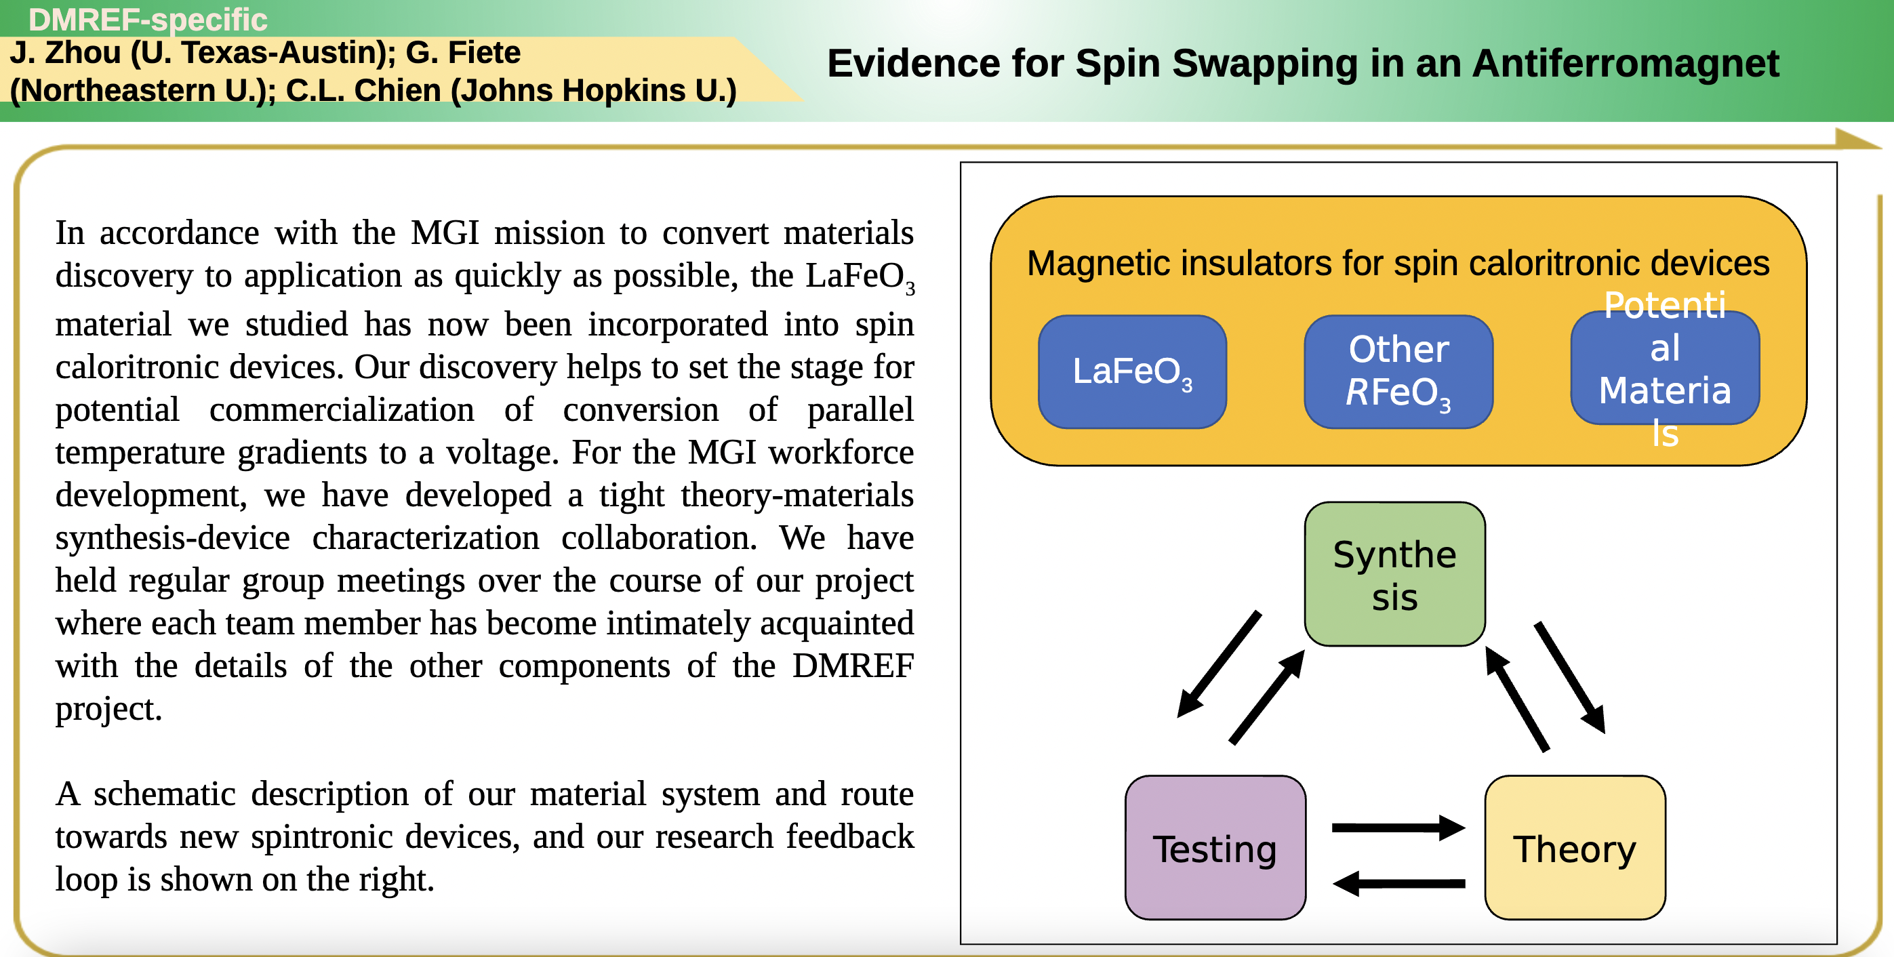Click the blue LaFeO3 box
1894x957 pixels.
[1132, 372]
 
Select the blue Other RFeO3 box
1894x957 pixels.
[1398, 372]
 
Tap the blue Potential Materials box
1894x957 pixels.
[1665, 368]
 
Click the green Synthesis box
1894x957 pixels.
[1395, 574]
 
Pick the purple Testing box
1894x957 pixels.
[1215, 847]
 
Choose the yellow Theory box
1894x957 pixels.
[1575, 847]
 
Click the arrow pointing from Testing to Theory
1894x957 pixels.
[1398, 828]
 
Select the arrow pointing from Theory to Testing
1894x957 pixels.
[1398, 882]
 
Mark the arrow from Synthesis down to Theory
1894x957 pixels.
[1570, 678]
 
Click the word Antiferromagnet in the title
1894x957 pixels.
[1626, 63]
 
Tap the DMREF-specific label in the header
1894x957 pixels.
[148, 19]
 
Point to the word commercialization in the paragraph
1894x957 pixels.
[342, 409]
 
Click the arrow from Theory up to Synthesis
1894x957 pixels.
[1517, 699]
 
